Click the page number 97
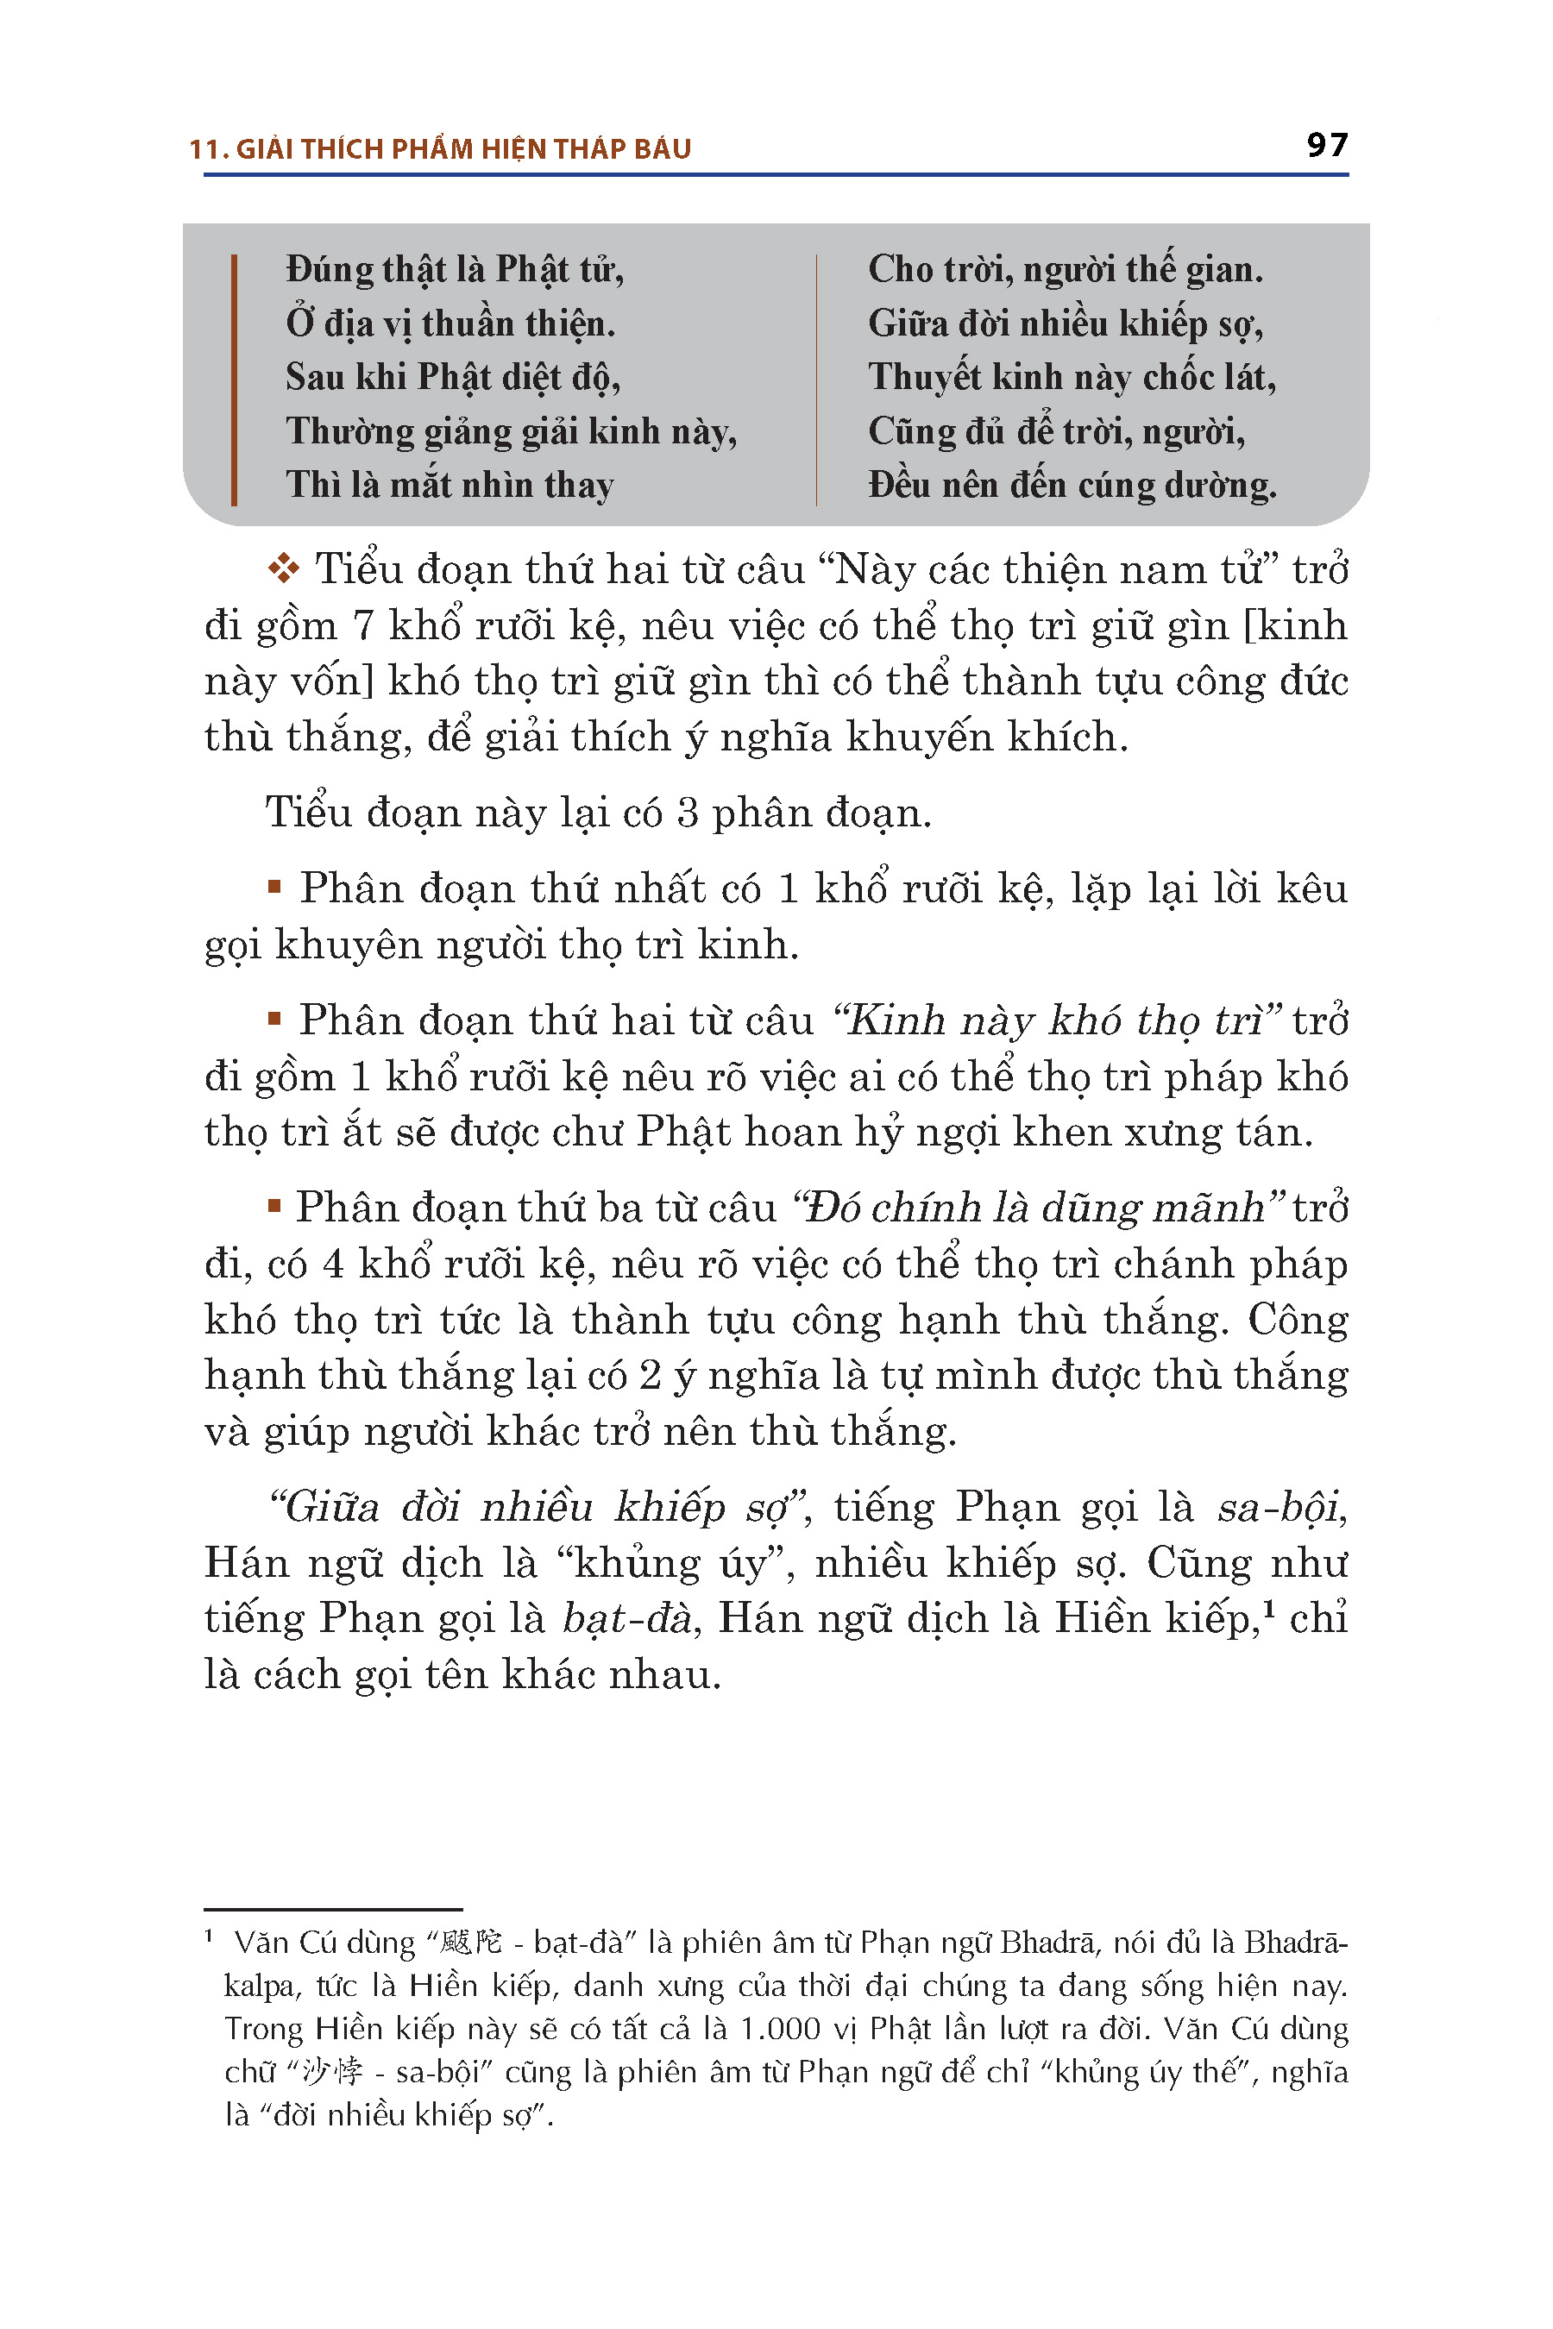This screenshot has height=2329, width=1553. point(1326,146)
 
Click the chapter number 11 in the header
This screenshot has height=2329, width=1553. point(203,149)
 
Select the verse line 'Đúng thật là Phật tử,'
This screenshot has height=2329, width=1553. point(455,269)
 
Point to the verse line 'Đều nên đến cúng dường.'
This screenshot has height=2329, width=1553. point(1072,485)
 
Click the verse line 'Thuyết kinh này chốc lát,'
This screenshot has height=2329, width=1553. point(1072,377)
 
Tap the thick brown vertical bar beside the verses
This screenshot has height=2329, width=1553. point(234,380)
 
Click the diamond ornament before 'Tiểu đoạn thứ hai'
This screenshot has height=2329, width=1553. point(283,568)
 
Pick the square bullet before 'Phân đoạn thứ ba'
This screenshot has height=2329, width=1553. point(274,1205)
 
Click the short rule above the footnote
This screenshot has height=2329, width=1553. point(333,1908)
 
